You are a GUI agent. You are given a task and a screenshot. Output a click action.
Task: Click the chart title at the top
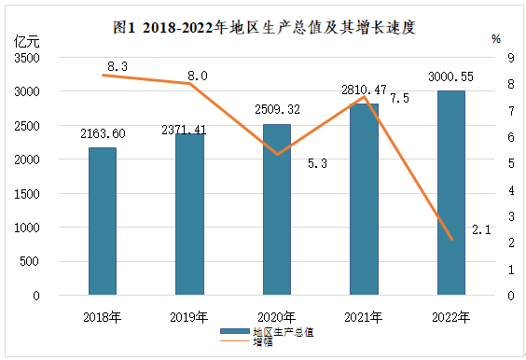264,27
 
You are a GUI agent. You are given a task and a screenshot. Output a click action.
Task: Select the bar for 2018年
103,221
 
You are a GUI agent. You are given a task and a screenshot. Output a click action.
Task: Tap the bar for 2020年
277,210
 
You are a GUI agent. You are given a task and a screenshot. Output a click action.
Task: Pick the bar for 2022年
451,193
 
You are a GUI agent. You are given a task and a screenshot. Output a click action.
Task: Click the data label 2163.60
103,133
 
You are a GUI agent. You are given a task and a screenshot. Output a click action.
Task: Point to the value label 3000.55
450,76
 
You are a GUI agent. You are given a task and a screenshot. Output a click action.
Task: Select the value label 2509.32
277,109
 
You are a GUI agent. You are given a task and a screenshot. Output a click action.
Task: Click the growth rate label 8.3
118,66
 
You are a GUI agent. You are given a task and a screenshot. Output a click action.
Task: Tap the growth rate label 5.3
317,163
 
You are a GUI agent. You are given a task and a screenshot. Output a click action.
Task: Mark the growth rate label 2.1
481,229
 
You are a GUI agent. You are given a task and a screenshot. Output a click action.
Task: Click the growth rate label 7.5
399,98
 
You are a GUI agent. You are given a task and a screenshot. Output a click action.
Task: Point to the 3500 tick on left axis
27,58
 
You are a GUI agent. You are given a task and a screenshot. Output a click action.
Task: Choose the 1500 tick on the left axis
27,194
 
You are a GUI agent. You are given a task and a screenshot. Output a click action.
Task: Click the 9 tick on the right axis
511,58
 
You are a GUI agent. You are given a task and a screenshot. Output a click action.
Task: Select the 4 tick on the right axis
511,190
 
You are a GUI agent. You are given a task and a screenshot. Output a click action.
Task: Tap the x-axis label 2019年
189,317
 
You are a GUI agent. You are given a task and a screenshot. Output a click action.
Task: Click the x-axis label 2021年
364,317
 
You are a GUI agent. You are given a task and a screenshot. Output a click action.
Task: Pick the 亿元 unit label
26,42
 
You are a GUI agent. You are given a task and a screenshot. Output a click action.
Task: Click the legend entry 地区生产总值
267,332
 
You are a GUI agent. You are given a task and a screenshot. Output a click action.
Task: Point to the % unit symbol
496,39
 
